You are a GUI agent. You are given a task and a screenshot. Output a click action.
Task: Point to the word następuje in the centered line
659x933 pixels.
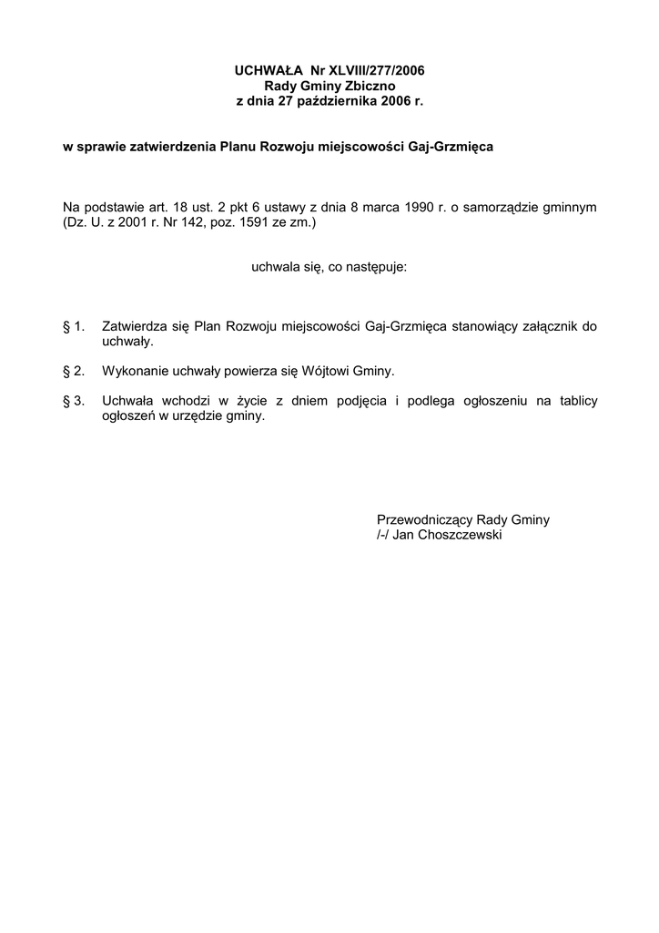[x=375, y=268]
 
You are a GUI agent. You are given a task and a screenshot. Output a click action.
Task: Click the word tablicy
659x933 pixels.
[x=573, y=401]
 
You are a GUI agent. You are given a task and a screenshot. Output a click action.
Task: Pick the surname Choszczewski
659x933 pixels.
[x=460, y=535]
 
